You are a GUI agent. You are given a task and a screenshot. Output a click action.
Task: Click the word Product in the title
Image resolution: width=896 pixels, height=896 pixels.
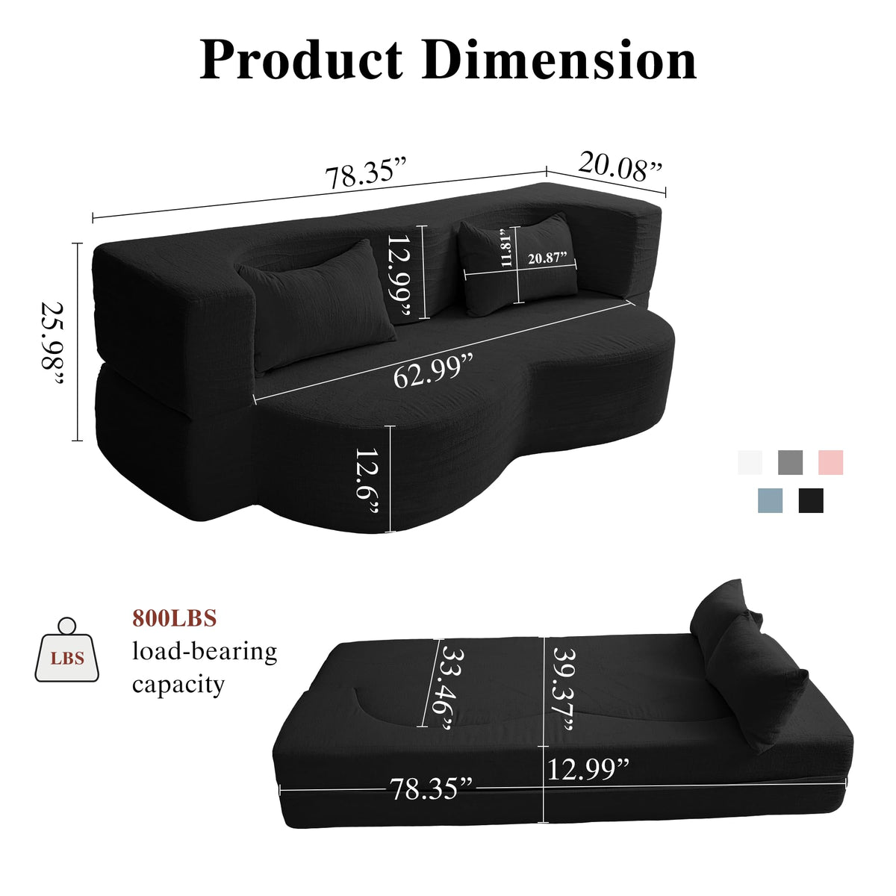tap(302, 61)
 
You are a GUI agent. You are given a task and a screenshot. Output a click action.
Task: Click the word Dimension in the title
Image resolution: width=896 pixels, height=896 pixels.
tap(559, 61)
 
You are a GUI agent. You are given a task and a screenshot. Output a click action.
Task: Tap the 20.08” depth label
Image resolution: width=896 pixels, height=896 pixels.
tap(619, 167)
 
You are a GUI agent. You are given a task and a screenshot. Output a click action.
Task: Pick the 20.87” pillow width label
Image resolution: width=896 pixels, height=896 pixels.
tap(548, 258)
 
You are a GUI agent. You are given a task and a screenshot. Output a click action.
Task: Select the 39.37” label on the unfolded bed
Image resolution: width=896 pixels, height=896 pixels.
tap(564, 689)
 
